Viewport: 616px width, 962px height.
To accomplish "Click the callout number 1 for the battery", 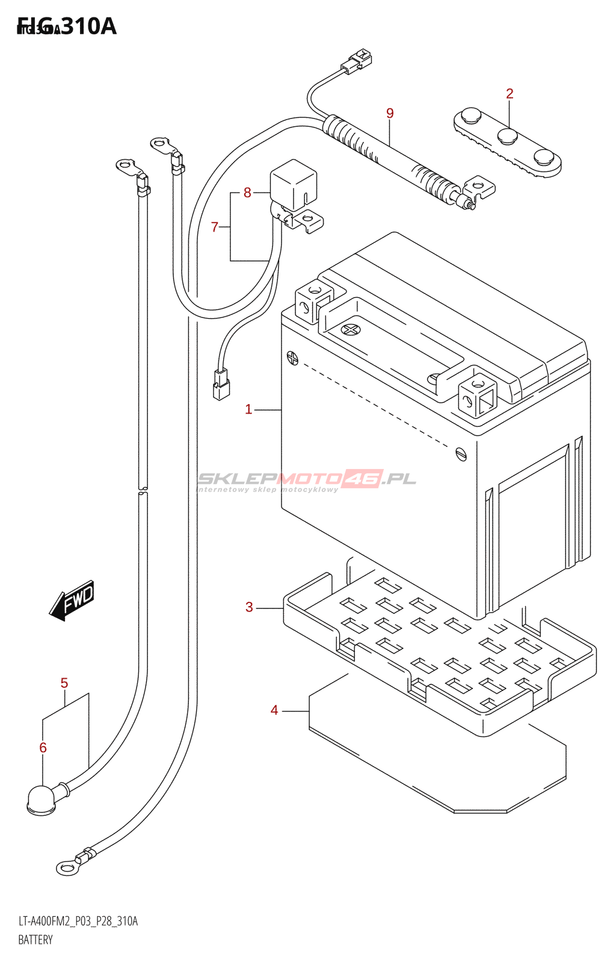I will pos(248,409).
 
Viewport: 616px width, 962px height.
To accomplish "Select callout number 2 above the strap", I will pos(510,94).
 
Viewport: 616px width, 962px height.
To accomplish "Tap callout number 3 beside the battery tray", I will pos(249,607).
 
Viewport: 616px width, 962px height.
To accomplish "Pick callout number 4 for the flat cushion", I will pos(274,711).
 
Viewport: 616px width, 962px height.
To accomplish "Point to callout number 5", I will pos(64,683).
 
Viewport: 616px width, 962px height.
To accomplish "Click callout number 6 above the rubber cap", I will pos(43,747).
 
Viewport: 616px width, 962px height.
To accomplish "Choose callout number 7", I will pos(215,227).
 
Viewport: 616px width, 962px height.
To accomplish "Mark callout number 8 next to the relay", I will pos(247,192).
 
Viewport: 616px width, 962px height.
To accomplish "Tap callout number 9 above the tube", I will pos(390,113).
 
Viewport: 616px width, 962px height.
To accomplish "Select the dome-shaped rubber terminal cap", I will pos(42,800).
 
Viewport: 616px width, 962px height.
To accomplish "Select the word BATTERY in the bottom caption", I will pos(35,940).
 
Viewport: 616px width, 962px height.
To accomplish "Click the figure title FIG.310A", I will pos(67,26).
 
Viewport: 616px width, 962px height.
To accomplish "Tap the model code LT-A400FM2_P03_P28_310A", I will pos(78,921).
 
